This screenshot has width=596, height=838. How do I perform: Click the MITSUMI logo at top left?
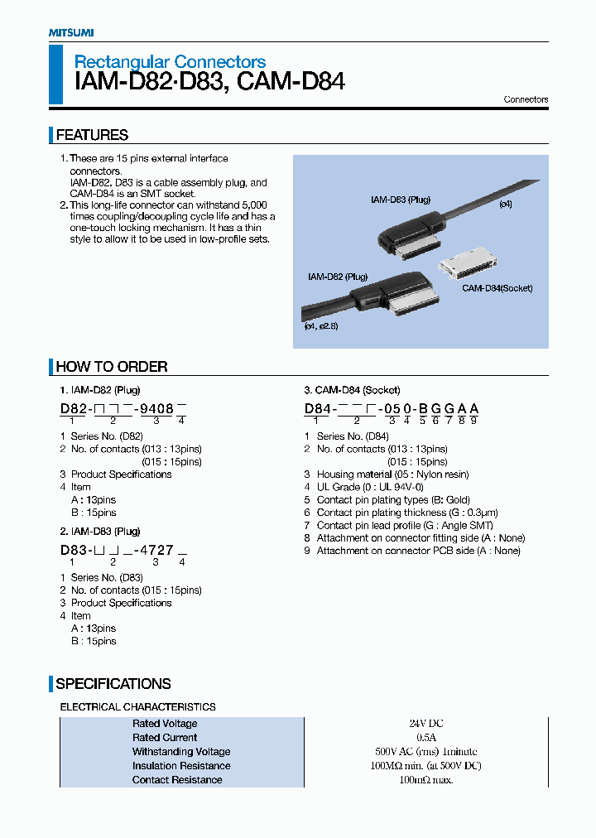tap(70, 32)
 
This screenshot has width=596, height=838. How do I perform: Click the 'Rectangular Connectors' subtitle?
tap(170, 61)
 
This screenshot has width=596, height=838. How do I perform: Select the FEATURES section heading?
tap(92, 135)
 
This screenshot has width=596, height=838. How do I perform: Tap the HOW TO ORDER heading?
tap(111, 367)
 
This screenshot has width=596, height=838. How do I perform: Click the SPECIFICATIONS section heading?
tap(113, 684)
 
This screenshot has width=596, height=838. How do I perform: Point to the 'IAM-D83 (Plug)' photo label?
tap(400, 200)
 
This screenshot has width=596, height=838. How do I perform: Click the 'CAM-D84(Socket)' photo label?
tap(497, 288)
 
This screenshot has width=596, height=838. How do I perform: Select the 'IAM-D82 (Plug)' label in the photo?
tap(337, 277)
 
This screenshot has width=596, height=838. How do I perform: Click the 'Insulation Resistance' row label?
tap(181, 766)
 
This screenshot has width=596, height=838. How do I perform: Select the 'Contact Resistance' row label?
tap(177, 780)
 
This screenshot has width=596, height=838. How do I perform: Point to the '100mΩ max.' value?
tap(426, 780)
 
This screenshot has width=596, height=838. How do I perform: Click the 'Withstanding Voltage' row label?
tap(181, 752)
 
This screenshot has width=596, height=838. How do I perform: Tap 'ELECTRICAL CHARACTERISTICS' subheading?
tap(137, 707)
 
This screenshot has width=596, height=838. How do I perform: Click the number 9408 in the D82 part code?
tap(156, 408)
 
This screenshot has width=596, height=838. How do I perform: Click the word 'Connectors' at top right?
tap(526, 99)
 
